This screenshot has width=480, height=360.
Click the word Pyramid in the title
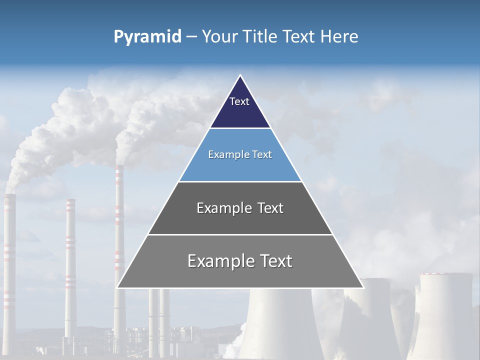[147, 36]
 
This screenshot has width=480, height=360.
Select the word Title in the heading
[262, 36]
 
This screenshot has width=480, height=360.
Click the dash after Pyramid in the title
[191, 37]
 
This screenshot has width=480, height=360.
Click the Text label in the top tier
[239, 101]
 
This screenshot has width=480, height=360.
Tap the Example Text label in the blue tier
[240, 154]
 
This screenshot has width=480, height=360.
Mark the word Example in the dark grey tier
[223, 208]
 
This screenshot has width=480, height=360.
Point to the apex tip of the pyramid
[240, 76]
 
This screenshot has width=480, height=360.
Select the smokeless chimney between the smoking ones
[70, 260]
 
